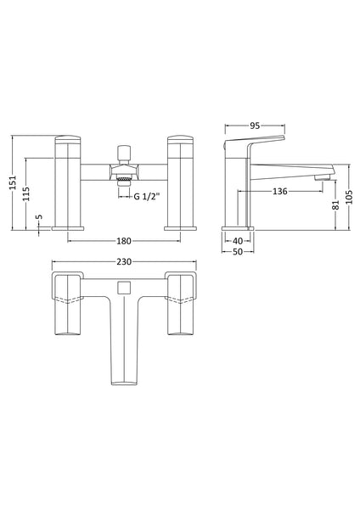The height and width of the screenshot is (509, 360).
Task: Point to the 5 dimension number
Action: (37, 218)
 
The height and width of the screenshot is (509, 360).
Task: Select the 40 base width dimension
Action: (236, 241)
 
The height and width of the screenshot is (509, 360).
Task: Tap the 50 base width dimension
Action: (236, 253)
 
